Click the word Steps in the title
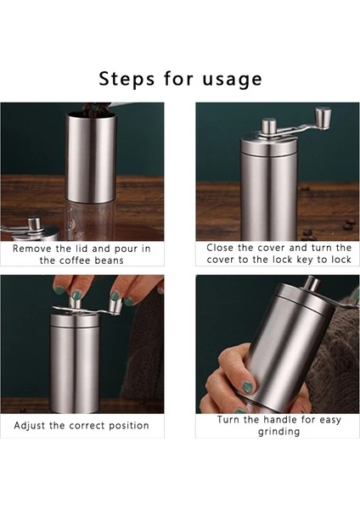coord(127,79)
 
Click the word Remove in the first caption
coord(32,249)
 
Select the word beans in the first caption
coord(109,260)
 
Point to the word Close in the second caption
coord(220,248)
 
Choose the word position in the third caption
coord(129,426)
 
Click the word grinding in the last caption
coord(278,432)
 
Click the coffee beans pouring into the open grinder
coord(92,109)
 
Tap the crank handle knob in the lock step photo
coord(323,119)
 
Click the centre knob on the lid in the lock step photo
coord(268,126)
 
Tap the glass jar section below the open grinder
coord(90,220)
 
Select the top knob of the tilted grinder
coord(312,283)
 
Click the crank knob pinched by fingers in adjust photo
coord(115,305)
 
